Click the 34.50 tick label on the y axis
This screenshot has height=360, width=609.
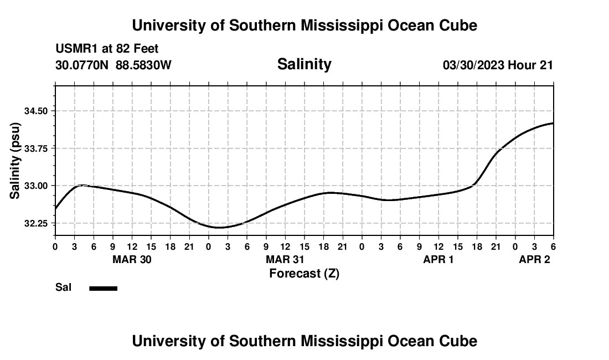coord(37,111)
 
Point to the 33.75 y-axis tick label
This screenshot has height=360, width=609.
coord(37,148)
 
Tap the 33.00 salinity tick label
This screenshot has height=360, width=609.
coord(37,186)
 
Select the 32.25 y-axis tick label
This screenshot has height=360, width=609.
coord(37,223)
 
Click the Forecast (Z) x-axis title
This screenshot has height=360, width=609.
coord(304,273)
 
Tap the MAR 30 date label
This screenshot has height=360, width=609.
coord(132,260)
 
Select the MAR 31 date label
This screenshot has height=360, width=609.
coord(285,260)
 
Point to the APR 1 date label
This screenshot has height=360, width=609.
coord(438,260)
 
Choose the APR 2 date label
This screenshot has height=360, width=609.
coord(534,260)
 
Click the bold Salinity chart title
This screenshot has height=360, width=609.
coord(304,64)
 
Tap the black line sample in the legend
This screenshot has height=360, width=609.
coord(104,288)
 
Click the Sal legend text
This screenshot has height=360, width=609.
coord(63,287)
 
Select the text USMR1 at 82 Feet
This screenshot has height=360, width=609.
coord(107,49)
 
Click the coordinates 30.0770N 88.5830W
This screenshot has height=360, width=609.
coord(113,65)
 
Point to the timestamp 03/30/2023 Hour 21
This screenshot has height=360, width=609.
coord(498,65)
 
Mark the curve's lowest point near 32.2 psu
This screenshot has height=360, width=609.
coord(218,227)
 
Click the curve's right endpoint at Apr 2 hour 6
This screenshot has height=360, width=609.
coord(553,123)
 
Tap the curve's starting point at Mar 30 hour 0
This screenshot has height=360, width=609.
coord(55,209)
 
